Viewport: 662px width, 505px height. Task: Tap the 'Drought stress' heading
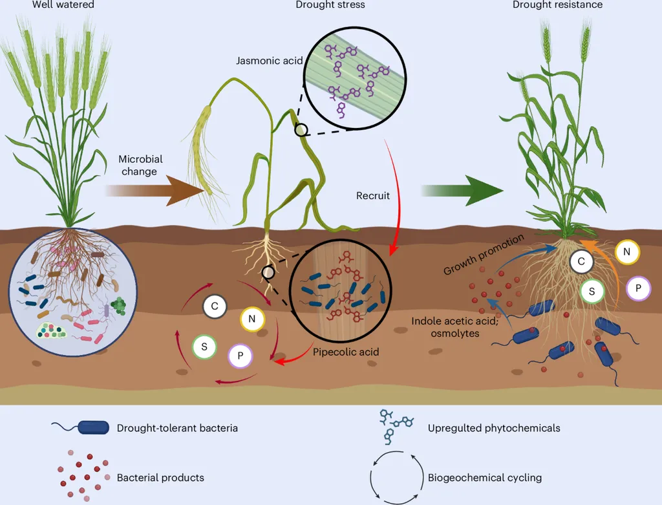point(330,5)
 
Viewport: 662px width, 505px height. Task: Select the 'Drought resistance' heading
point(557,5)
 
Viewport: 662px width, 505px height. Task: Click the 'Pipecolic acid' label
point(346,352)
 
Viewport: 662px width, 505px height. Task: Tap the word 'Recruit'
point(373,195)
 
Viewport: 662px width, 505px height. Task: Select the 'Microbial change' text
point(140,165)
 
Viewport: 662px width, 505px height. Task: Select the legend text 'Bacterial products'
point(160,478)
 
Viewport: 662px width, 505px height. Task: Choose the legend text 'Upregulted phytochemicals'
point(494,427)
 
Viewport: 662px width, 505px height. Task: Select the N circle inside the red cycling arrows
point(253,318)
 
